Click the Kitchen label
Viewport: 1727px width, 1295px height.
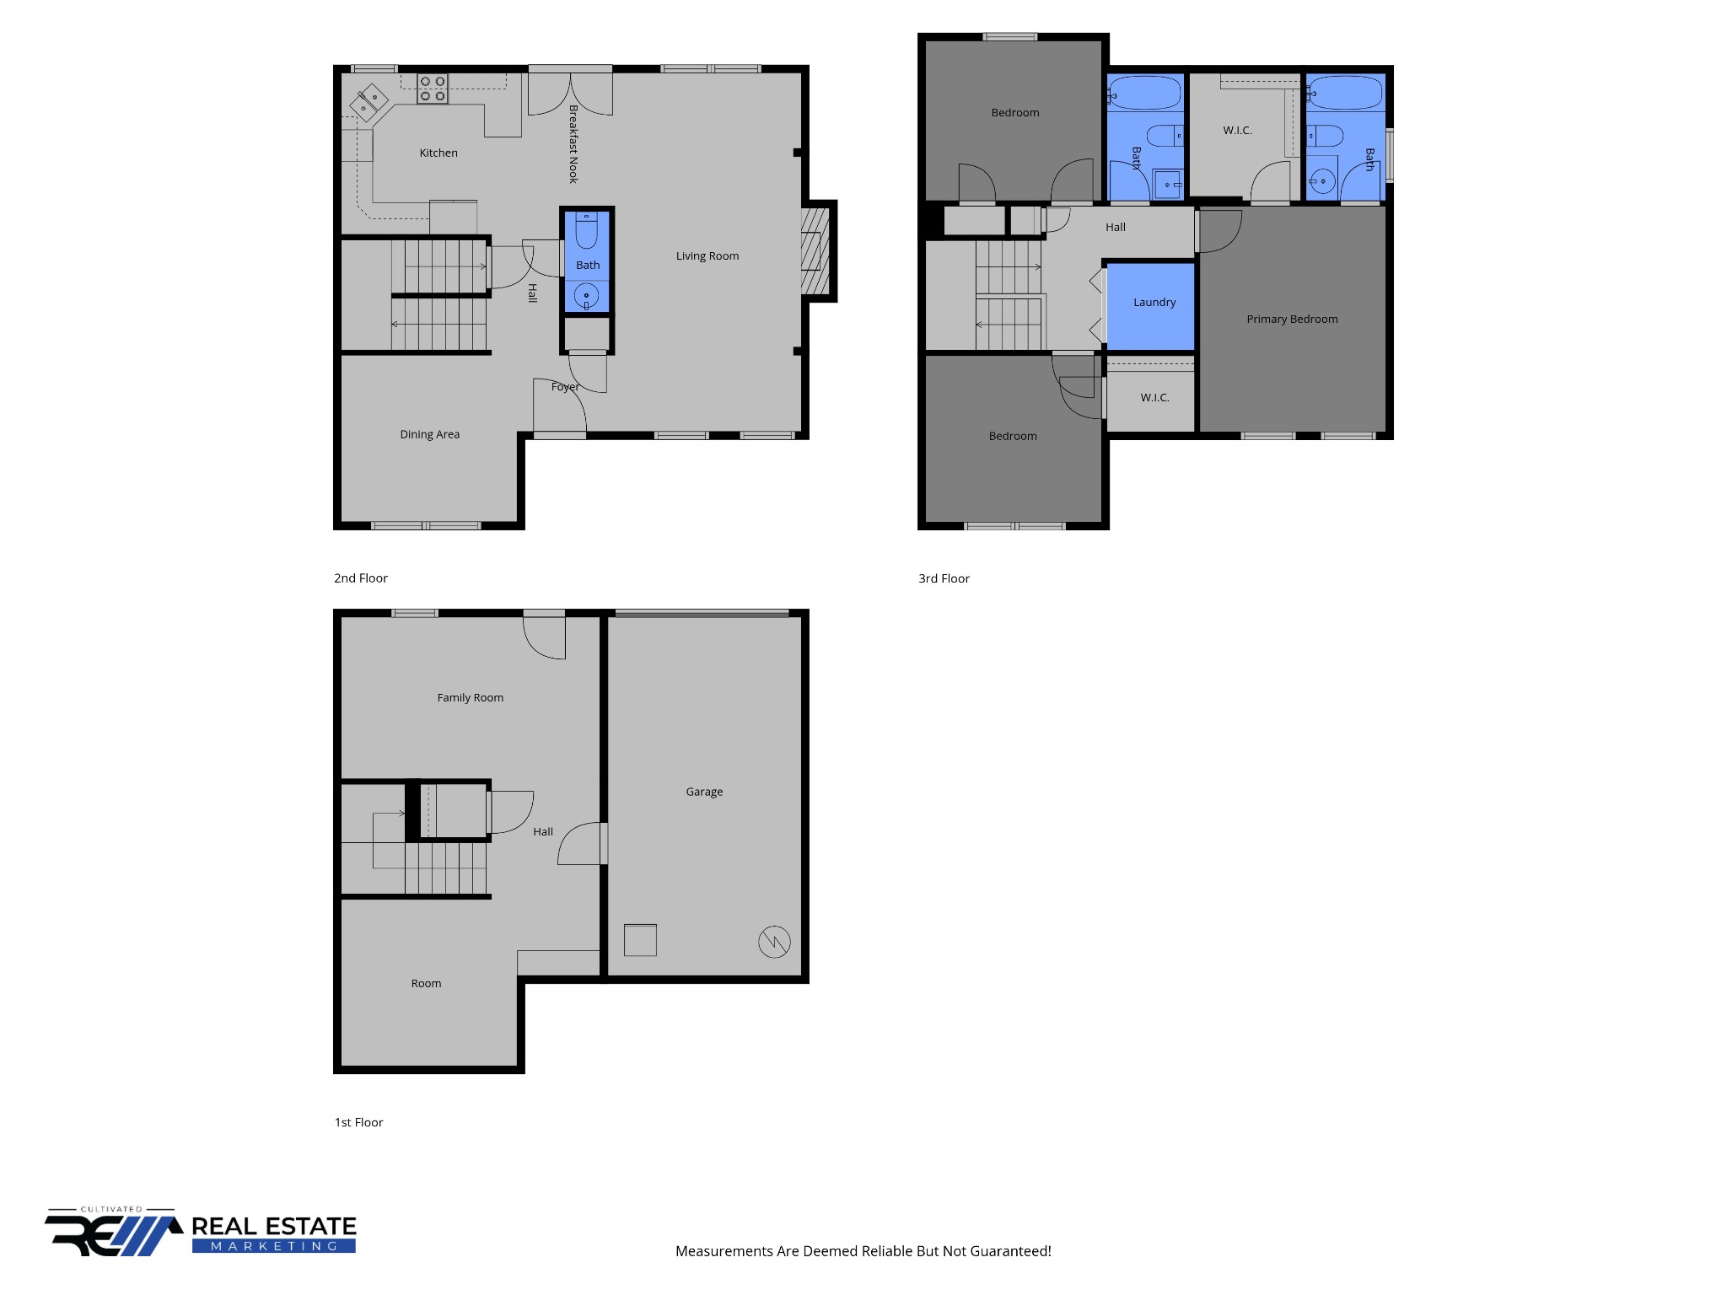438,153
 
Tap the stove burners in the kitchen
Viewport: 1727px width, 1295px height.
433,89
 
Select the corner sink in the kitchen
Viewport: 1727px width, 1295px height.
369,103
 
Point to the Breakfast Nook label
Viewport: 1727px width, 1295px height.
573,144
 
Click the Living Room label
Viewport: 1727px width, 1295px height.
707,256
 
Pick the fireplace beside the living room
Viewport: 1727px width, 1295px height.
815,250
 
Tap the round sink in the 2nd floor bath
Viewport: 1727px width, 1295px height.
586,296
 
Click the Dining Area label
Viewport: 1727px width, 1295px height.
429,434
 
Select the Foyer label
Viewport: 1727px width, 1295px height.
565,387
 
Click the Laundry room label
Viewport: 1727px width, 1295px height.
1154,302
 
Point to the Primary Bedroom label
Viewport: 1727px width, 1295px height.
1292,319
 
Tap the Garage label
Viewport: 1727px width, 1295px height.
704,792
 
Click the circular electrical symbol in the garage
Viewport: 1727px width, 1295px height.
774,941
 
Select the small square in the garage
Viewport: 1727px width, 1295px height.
640,940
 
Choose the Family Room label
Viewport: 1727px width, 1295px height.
470,697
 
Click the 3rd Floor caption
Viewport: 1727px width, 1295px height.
944,578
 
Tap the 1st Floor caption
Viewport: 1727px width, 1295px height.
358,1122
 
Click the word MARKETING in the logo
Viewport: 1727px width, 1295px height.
274,1246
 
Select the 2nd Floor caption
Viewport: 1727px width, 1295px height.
360,578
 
